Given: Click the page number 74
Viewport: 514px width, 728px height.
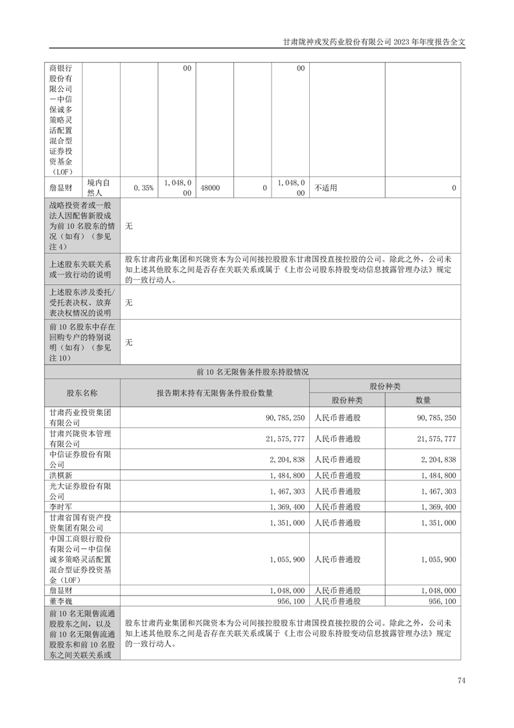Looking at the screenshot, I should click(461, 681).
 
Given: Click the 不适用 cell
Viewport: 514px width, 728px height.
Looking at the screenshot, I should click(326, 188).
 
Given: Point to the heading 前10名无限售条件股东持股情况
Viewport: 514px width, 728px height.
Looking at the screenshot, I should click(252, 372).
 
